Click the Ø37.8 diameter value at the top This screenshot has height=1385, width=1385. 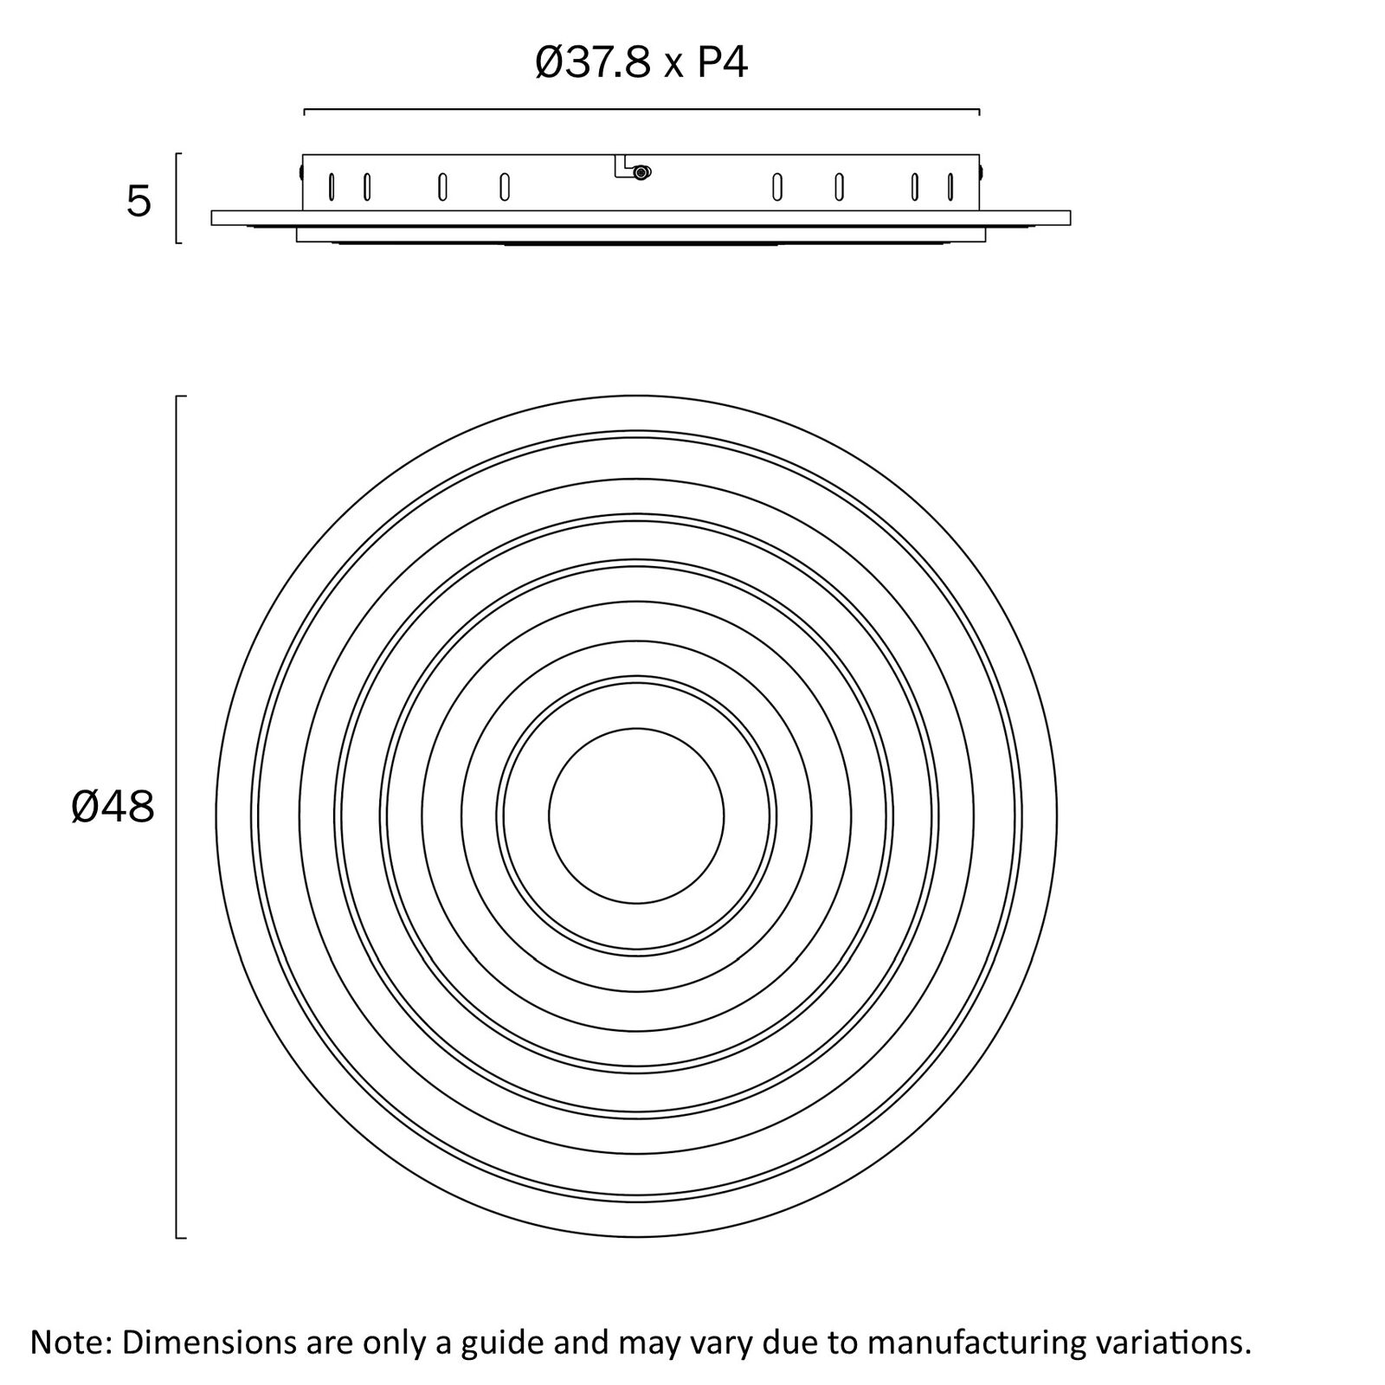pos(593,63)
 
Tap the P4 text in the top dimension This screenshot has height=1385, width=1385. pos(722,63)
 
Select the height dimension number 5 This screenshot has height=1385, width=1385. pos(138,202)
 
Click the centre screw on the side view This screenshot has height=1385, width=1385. pos(641,172)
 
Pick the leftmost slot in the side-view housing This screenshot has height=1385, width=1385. pos(331,187)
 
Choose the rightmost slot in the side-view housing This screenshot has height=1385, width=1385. pos(950,187)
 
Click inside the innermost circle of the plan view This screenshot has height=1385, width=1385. pos(636,816)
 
